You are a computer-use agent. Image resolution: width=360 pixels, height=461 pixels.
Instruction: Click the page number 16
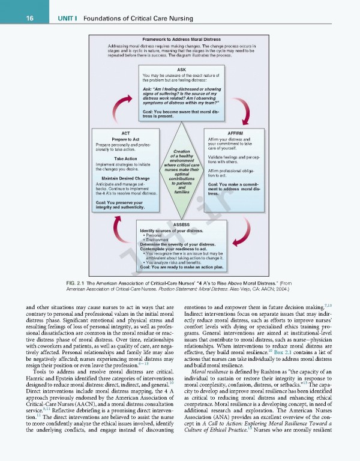coord(12,17)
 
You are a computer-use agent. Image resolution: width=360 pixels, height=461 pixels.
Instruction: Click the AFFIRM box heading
coord(235,132)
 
